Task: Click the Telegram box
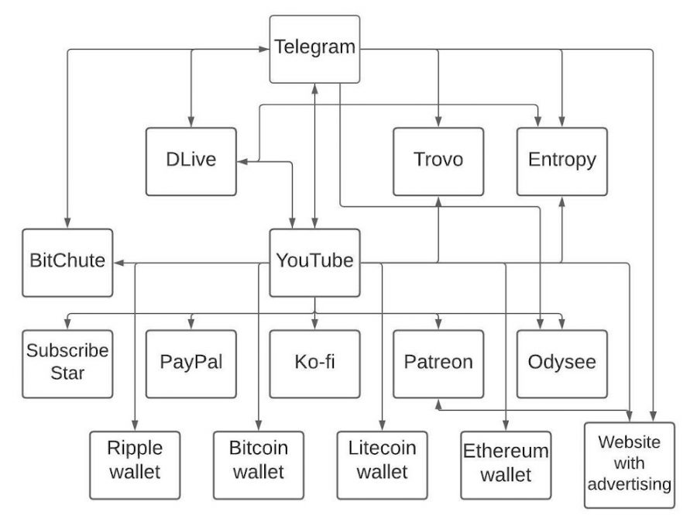[x=314, y=50]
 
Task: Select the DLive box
[x=191, y=162]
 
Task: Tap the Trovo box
[x=438, y=162]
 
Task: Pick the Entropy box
[x=562, y=162]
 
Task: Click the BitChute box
[x=67, y=263]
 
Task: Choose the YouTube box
[x=314, y=263]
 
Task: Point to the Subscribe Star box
[x=67, y=364]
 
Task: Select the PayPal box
[x=191, y=364]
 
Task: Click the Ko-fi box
[x=314, y=364]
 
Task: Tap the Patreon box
[x=438, y=364]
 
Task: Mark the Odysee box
[x=562, y=364]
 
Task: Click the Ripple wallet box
[x=135, y=465]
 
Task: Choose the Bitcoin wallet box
[x=259, y=465]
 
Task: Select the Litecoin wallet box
[x=383, y=465]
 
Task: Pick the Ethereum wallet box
[x=506, y=465]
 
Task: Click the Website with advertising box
[x=630, y=465]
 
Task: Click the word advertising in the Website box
[x=630, y=484]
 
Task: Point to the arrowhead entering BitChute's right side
[x=118, y=263]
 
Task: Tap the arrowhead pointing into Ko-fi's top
[x=314, y=325]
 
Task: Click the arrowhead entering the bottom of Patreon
[x=438, y=404]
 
